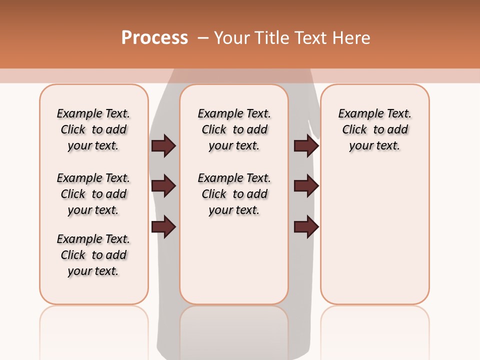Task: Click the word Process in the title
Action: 154,38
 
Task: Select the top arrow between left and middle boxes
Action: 163,146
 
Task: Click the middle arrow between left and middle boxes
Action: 163,186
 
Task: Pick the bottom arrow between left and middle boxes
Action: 163,227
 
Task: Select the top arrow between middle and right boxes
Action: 306,146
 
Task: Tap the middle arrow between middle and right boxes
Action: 306,186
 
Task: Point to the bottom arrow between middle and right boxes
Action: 306,227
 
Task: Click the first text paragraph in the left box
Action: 93,129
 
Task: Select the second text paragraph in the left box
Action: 93,194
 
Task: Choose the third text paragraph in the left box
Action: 93,255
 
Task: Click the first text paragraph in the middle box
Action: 234,129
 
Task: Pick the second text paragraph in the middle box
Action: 234,194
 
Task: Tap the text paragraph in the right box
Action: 375,129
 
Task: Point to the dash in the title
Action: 203,38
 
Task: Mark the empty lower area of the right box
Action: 375,235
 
